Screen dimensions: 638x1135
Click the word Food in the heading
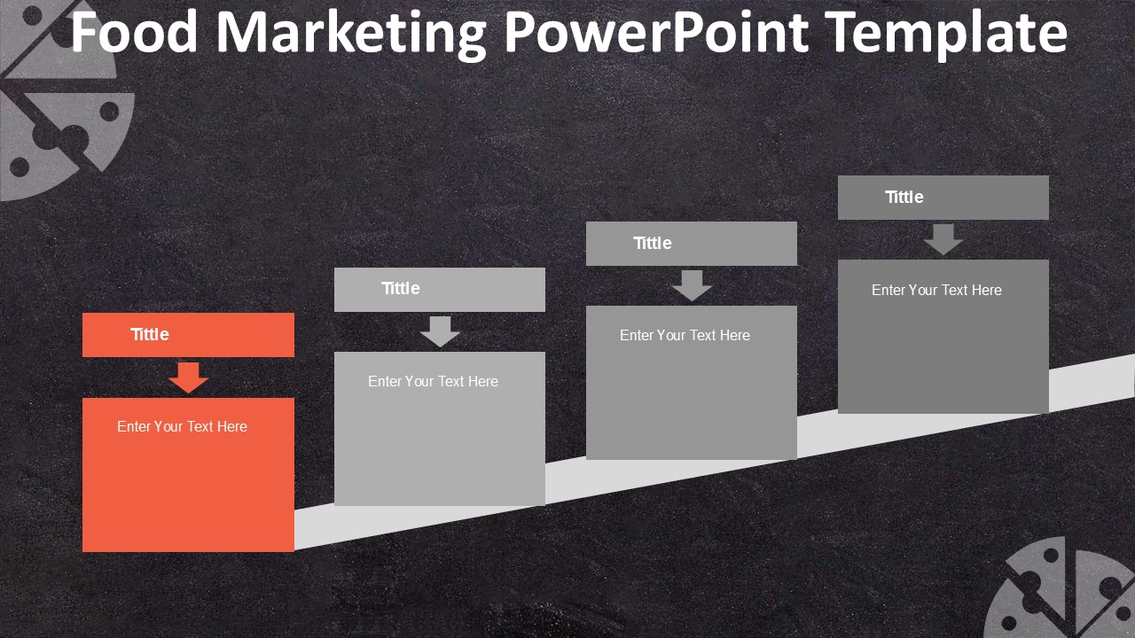tap(135, 33)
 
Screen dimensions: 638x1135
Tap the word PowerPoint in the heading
tap(656, 33)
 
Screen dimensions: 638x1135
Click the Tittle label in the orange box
tap(150, 334)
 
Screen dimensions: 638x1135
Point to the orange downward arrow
tap(188, 377)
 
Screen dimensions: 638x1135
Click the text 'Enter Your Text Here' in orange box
tap(182, 426)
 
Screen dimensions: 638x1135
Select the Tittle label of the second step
tap(401, 288)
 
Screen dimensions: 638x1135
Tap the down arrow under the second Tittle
tap(440, 331)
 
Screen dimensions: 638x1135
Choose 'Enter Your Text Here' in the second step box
tap(433, 381)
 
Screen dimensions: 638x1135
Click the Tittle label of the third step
tap(653, 243)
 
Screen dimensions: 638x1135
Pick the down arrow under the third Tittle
tap(692, 285)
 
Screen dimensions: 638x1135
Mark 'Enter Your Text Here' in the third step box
tap(685, 335)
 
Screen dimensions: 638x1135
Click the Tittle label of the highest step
tap(904, 197)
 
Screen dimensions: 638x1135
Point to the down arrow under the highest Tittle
tap(943, 239)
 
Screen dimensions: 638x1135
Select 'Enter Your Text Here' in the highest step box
tap(936, 290)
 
